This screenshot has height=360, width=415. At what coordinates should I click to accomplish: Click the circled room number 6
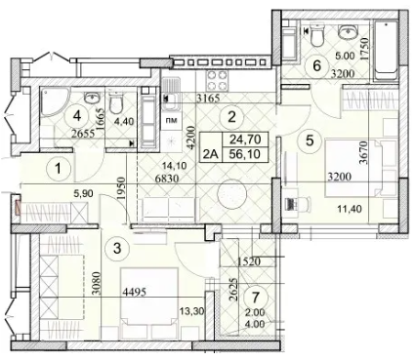point(316,66)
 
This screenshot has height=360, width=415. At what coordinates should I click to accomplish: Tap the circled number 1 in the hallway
point(58,169)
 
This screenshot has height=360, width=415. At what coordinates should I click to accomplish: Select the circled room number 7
point(256,297)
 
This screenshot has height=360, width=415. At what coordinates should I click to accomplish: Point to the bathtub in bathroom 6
point(386,51)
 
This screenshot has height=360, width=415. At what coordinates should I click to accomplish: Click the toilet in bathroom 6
point(316,35)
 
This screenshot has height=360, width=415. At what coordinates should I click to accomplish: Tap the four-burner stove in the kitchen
point(217,80)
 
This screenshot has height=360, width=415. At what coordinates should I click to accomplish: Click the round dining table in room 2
point(231,194)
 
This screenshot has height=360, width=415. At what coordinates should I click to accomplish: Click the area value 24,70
point(245,140)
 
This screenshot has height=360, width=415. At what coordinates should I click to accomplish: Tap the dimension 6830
point(168,179)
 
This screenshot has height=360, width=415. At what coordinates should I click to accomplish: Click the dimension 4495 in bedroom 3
point(134,292)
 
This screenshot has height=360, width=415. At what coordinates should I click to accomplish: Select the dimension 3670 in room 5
point(364,152)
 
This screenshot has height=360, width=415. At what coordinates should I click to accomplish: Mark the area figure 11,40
point(350,209)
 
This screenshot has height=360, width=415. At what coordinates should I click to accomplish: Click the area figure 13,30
point(191,312)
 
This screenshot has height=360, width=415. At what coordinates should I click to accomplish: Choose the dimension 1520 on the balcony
point(249,260)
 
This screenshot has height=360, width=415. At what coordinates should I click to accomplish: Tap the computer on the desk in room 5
point(290,203)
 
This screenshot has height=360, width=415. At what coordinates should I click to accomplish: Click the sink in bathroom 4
point(92,97)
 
